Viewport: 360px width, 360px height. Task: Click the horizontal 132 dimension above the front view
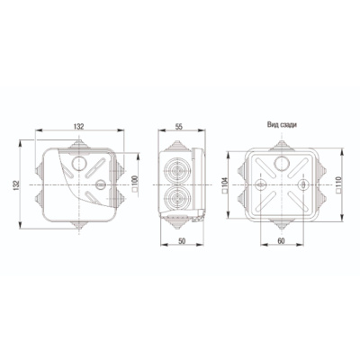point(79,127)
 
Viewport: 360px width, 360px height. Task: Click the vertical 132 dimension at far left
point(16,184)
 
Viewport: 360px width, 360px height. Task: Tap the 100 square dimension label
point(135,183)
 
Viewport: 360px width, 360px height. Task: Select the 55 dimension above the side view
point(178,127)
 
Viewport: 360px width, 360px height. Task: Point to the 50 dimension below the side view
point(182,241)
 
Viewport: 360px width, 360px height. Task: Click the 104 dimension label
point(225,184)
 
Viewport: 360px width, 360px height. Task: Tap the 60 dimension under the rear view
point(281,241)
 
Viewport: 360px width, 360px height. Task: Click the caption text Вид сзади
point(282,125)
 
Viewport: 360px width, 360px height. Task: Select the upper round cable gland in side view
point(175,171)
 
